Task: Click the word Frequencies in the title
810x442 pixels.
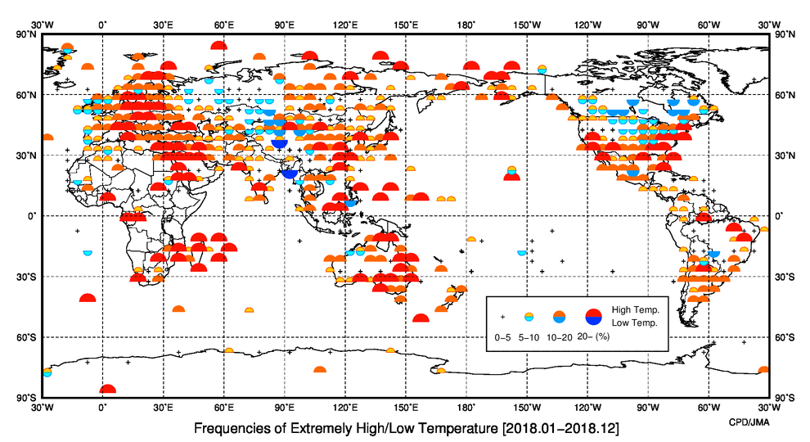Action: point(232,428)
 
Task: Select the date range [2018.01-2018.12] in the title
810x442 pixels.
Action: point(565,428)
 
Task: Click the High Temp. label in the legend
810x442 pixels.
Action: point(636,309)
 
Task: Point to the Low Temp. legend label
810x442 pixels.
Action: point(634,322)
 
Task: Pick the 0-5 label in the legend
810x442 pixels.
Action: point(504,336)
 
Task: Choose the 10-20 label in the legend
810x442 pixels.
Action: point(560,336)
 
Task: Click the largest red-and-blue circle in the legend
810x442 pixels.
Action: point(594,316)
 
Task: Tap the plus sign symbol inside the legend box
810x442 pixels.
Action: point(503,316)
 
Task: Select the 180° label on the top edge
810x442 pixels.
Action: point(466,25)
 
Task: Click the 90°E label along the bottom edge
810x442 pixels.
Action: point(285,406)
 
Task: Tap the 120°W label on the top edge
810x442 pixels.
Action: point(587,25)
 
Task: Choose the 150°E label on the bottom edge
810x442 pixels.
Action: point(406,406)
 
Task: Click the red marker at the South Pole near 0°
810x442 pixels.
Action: point(107,391)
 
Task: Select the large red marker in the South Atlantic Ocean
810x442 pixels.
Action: point(88,298)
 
